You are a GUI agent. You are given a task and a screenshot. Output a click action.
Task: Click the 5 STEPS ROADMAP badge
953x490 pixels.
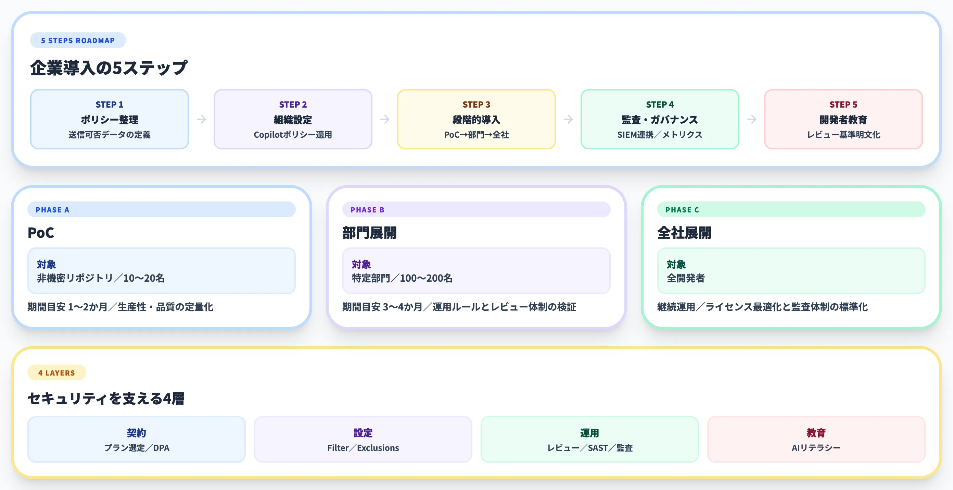tap(78, 40)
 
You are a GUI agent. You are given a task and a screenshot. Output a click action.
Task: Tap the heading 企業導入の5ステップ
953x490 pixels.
tap(109, 68)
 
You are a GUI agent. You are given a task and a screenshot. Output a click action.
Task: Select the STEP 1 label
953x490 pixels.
tap(109, 105)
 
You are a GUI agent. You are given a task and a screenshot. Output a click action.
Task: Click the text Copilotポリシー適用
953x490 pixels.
tap(293, 135)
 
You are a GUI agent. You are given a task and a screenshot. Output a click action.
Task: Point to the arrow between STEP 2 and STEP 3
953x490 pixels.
tap(385, 119)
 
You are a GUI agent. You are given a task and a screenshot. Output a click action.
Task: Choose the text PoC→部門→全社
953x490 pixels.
tap(476, 135)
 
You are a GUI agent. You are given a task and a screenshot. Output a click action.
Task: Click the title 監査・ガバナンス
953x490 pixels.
tap(660, 120)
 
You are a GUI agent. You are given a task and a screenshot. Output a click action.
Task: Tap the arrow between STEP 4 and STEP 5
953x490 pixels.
tap(751, 119)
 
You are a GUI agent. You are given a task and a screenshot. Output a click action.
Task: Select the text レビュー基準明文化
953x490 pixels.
tap(843, 135)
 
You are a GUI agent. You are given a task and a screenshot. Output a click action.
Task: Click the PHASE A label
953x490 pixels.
tap(52, 210)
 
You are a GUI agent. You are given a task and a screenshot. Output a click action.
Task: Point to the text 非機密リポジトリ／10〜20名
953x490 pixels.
tap(101, 278)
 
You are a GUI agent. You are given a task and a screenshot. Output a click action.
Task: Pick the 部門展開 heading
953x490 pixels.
tap(369, 233)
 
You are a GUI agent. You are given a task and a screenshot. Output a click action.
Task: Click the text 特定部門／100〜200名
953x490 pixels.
tap(402, 278)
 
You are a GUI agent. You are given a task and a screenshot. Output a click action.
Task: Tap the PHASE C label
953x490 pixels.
tap(682, 210)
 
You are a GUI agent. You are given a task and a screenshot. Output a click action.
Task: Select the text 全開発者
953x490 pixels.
tap(686, 278)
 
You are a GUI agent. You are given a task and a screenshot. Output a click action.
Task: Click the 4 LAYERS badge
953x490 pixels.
tap(56, 373)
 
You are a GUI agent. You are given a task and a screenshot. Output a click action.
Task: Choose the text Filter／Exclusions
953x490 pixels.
tap(363, 448)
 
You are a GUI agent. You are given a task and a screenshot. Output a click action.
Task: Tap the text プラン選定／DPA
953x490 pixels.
tap(137, 448)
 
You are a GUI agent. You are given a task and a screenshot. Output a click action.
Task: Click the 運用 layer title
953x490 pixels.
tap(589, 433)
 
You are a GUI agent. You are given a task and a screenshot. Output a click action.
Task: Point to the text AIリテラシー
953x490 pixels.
tap(816, 448)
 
